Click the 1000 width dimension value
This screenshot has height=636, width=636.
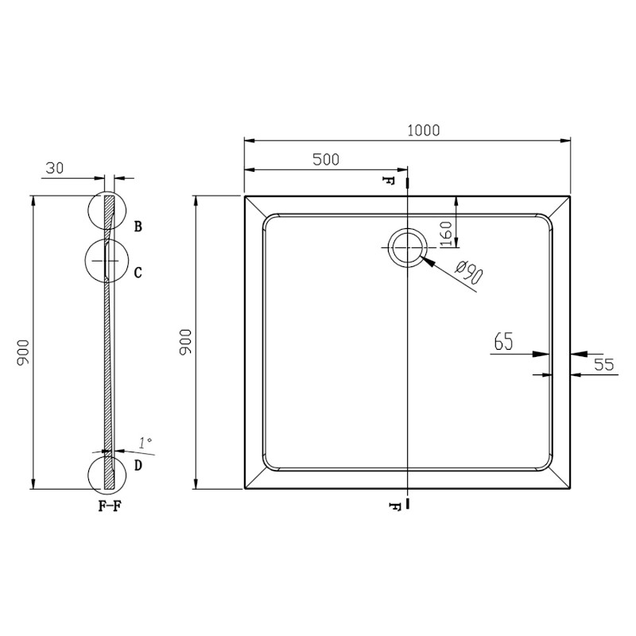(423, 130)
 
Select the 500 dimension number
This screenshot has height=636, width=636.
(325, 159)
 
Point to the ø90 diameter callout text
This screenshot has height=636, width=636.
(470, 274)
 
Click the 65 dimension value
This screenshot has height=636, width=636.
(503, 342)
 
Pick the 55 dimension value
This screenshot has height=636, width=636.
(604, 365)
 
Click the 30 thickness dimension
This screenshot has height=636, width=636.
(55, 168)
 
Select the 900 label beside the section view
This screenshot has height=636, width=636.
(23, 351)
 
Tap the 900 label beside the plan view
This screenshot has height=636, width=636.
(185, 341)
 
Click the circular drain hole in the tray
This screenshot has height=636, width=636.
(407, 248)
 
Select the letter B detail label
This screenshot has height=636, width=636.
(138, 227)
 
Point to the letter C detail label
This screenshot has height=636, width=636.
(138, 273)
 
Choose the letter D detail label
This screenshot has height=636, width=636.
(138, 466)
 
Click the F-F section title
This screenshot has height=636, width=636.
(110, 506)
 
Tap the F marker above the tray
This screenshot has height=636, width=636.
(389, 180)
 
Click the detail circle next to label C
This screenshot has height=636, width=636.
(106, 260)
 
